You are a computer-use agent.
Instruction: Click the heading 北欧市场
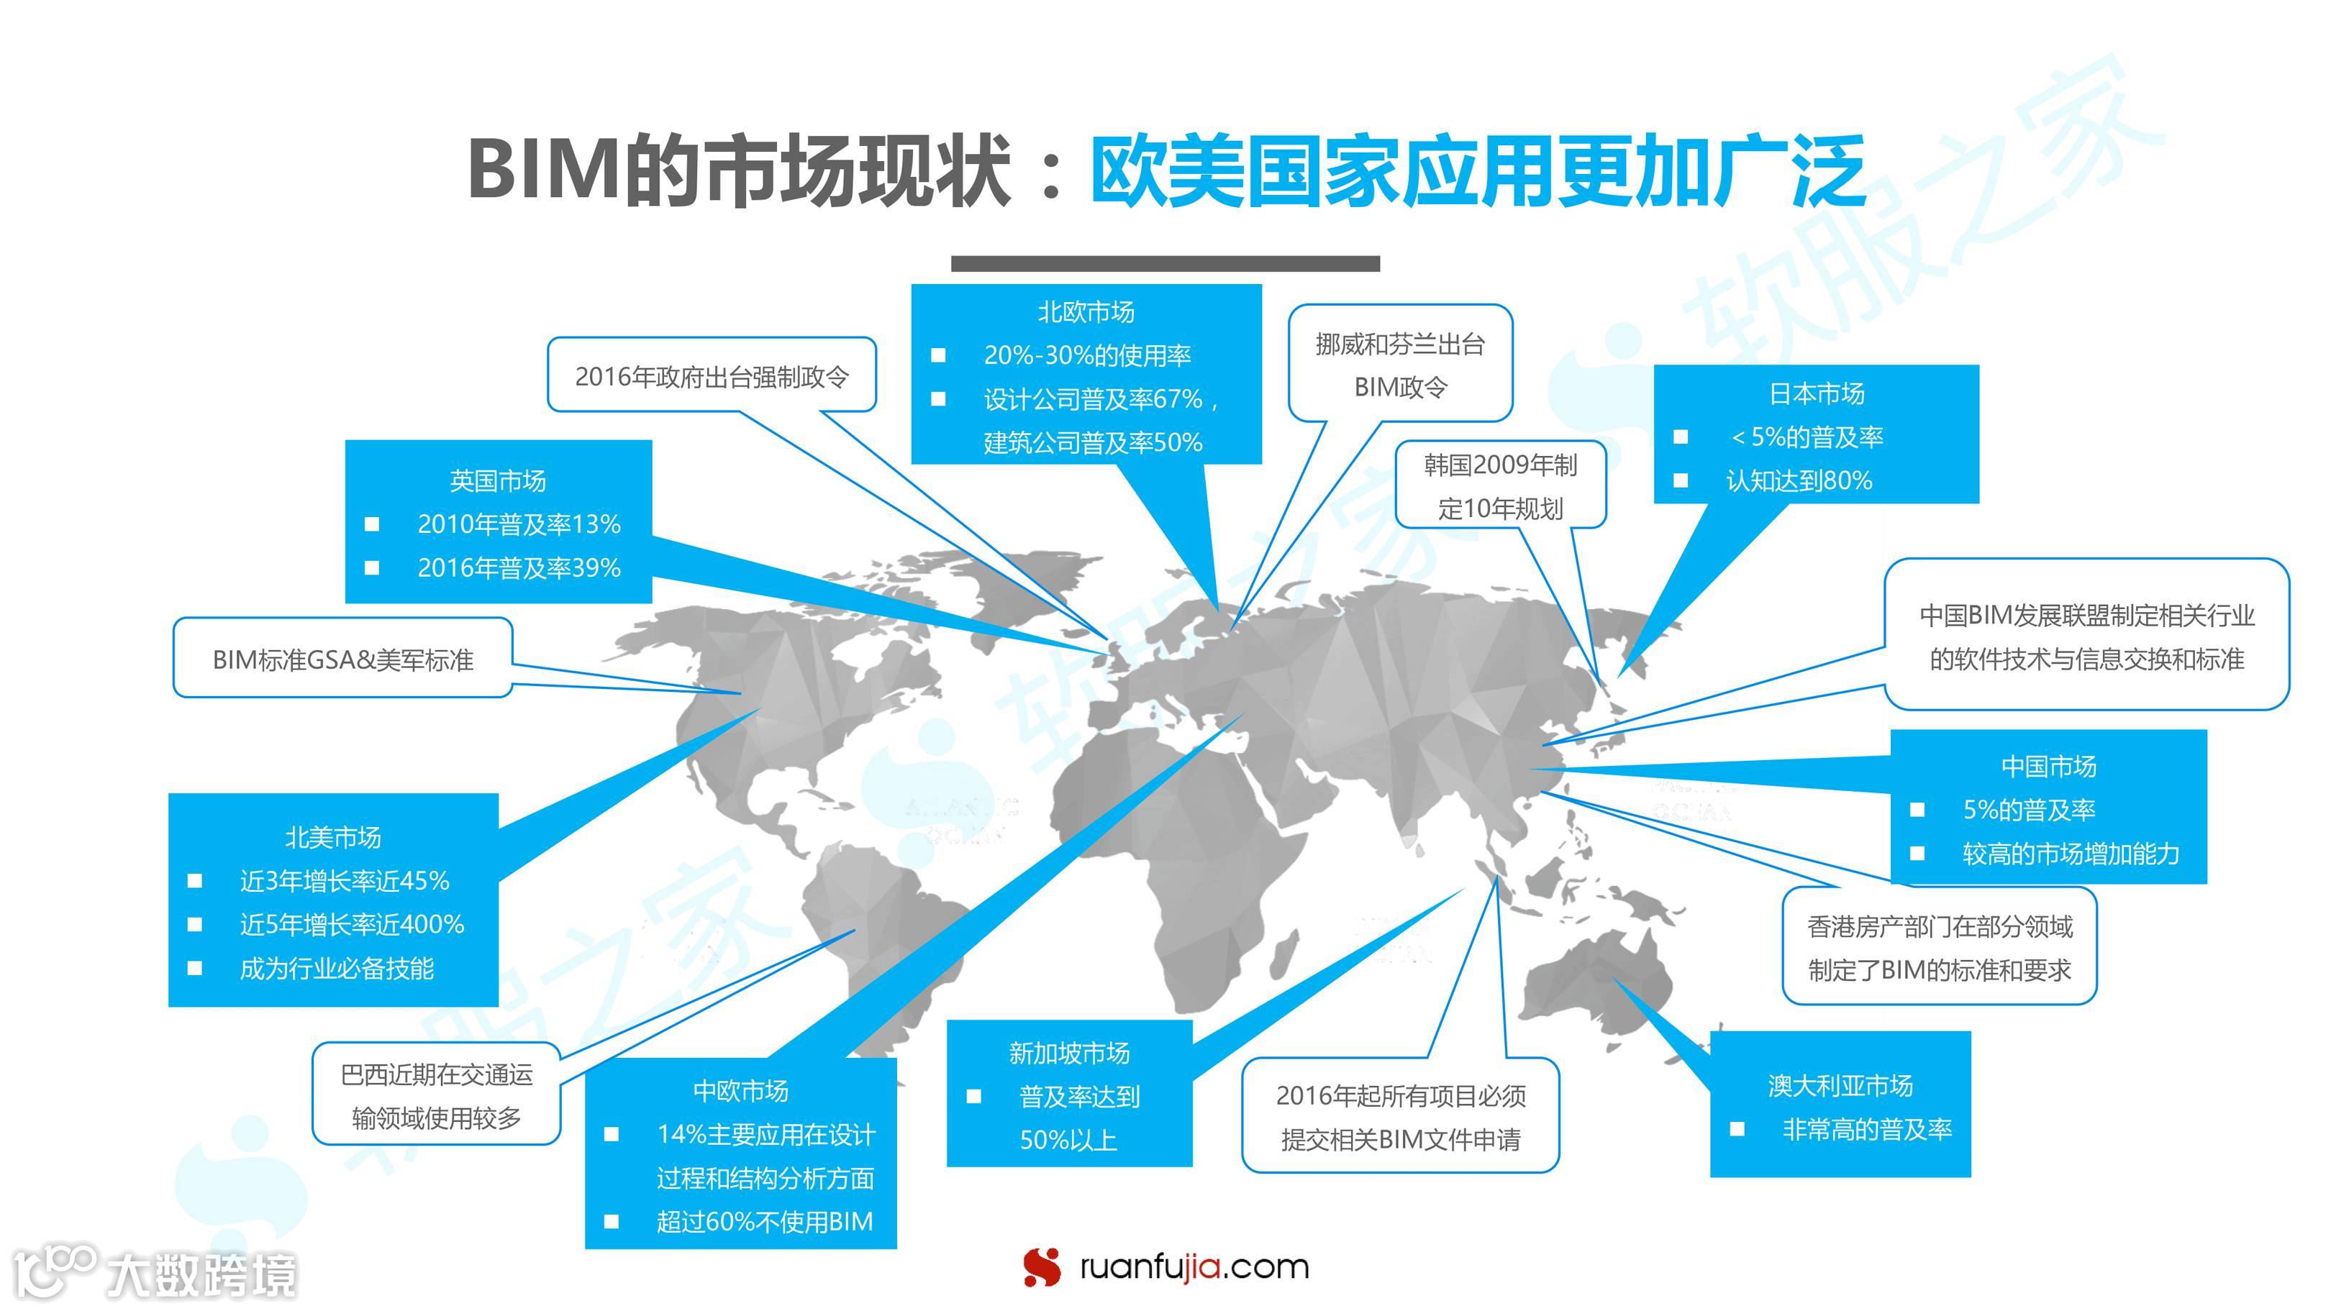pyautogui.click(x=1085, y=312)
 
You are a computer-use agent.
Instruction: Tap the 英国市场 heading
pyautogui.click(x=498, y=480)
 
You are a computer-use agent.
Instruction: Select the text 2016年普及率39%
pyautogui.click(x=519, y=568)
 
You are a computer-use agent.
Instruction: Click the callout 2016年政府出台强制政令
pyautogui.click(x=712, y=376)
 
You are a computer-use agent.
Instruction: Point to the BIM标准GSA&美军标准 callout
pyautogui.click(x=343, y=659)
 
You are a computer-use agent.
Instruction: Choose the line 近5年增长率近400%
pyautogui.click(x=351, y=925)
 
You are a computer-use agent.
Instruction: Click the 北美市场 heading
pyautogui.click(x=333, y=838)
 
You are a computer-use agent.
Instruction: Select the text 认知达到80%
pyautogui.click(x=1798, y=480)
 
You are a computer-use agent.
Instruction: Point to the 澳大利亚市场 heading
pyautogui.click(x=1840, y=1084)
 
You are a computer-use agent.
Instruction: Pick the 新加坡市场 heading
pyautogui.click(x=1068, y=1053)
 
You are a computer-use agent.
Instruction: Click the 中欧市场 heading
pyautogui.click(x=740, y=1091)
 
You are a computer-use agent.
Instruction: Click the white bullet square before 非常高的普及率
pyautogui.click(x=1737, y=1129)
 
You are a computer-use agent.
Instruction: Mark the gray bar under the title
pyautogui.click(x=1165, y=263)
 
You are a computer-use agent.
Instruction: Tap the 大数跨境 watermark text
pyautogui.click(x=201, y=1276)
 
